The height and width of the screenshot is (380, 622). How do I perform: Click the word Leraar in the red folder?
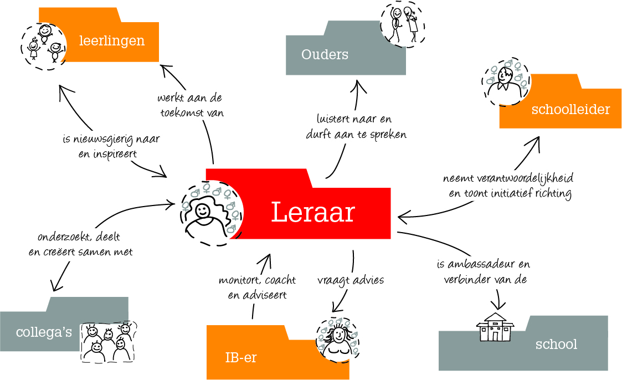[313, 212]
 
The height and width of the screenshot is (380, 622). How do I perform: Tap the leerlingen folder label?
[112, 40]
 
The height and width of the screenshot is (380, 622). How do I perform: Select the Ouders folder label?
[325, 54]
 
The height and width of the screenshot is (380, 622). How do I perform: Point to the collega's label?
[44, 333]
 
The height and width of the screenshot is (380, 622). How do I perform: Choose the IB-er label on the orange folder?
[241, 358]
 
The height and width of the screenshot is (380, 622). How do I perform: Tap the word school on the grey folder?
[556, 345]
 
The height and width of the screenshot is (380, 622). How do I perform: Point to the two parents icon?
[403, 24]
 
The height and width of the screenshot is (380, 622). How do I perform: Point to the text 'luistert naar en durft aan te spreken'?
[356, 127]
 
